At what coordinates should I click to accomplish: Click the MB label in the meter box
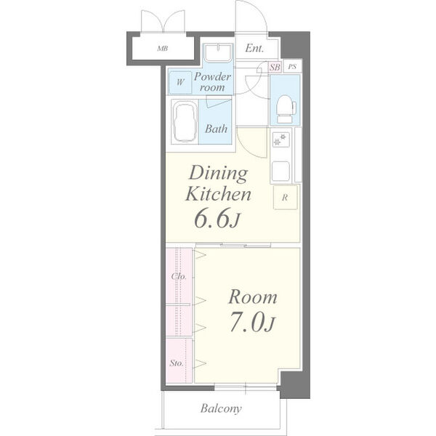coord(162,49)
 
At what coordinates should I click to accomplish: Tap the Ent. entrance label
coord(254,49)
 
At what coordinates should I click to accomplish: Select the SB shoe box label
coord(275,68)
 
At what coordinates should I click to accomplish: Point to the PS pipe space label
coord(292,67)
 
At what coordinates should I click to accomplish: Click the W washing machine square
coord(180,82)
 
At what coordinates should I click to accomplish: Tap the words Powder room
coord(212,82)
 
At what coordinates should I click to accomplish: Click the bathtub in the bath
coord(185,122)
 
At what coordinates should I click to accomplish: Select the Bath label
coord(216,129)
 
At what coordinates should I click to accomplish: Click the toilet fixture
coord(286,109)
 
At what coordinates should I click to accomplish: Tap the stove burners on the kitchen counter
coord(280,140)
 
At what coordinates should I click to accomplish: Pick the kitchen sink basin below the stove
coord(280,171)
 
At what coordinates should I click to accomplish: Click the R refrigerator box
coord(286,198)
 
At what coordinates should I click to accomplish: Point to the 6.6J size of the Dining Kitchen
coord(217,218)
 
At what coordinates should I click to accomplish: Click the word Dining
coord(218,174)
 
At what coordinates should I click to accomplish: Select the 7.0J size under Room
coord(252,323)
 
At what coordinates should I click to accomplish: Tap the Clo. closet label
coord(179,276)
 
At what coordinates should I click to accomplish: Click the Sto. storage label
coord(177,363)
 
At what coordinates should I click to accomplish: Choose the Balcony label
coord(221,408)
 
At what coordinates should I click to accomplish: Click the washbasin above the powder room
coord(218,53)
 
